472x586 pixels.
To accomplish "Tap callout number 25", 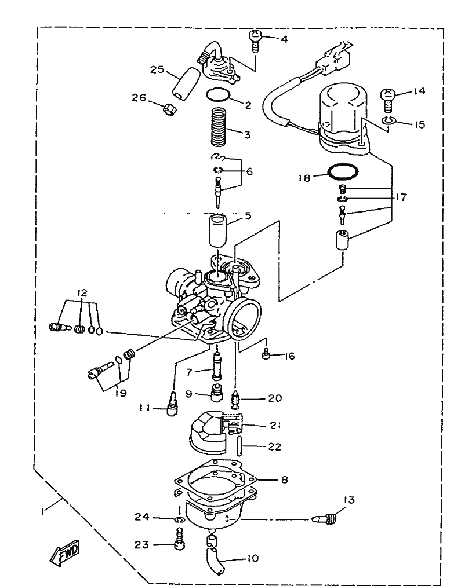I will coord(154,71).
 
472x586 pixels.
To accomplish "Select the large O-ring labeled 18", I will coord(342,172).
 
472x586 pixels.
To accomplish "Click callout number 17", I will coord(400,197).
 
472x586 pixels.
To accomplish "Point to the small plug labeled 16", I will coord(267,355).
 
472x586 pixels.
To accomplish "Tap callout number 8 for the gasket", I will coord(284,480).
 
